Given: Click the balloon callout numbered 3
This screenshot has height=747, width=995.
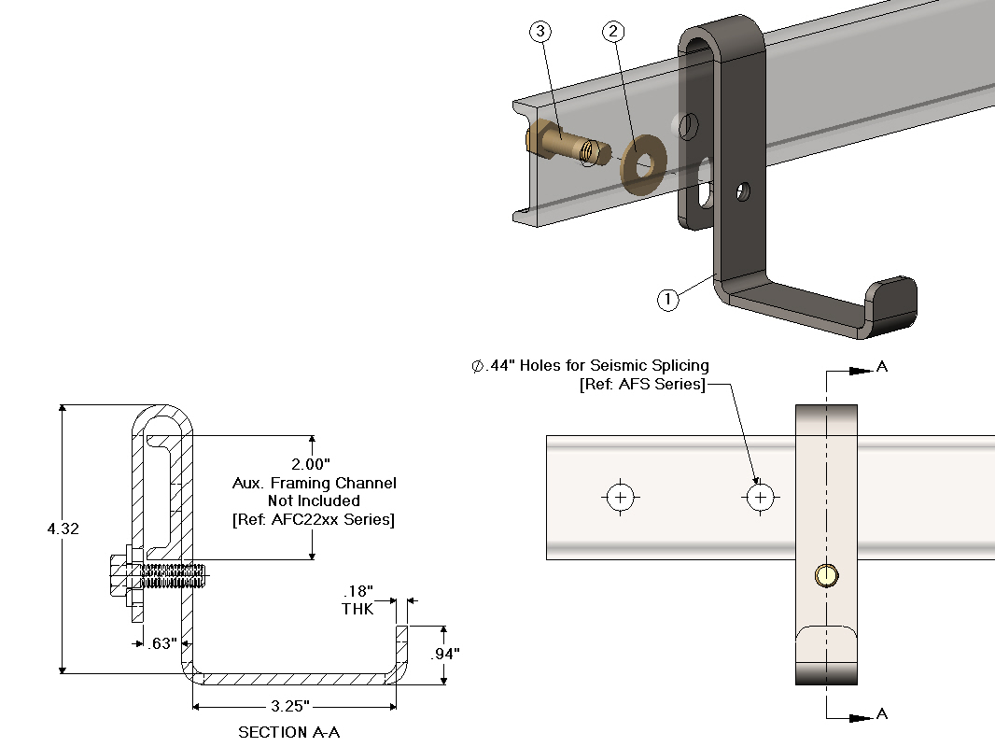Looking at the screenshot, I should coord(540,32).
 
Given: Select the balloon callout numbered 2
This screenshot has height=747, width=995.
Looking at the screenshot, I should coord(613,32).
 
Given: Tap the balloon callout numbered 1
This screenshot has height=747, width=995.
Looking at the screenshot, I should coord(668,300).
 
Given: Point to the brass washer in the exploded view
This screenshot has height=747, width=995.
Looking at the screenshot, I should coord(641,161).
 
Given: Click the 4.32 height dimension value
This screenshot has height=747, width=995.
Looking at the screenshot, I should coord(63,529).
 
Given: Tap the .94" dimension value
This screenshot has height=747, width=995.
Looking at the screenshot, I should coord(444,654).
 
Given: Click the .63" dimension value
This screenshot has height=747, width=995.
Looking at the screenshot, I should coord(161,642).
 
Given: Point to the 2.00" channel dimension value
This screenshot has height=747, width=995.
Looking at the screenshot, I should coord(312,464).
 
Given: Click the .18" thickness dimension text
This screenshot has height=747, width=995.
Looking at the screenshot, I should coord(358,591).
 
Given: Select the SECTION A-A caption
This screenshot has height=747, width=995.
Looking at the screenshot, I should coord(288,732).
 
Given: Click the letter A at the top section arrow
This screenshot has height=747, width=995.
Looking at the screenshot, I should coord(882,367).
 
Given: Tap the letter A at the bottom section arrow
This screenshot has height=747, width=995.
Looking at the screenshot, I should coord(882,714).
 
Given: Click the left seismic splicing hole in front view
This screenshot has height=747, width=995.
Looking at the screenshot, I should coord(621,498).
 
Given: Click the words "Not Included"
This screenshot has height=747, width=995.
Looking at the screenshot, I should coord(314,501).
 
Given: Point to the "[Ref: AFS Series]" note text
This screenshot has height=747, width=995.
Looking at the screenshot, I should coord(643,385).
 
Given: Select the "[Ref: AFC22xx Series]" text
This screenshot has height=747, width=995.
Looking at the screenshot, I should coord(314,520).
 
